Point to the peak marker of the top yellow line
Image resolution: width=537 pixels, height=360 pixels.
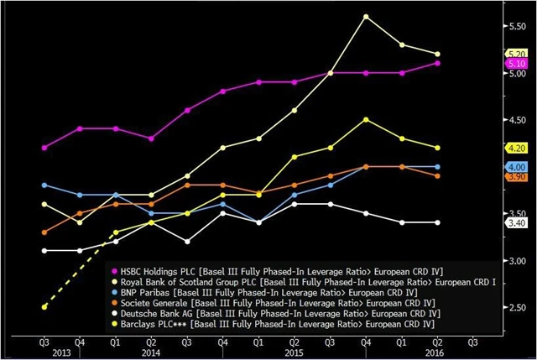pos(366,16)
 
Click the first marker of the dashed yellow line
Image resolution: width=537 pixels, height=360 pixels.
pos(44,307)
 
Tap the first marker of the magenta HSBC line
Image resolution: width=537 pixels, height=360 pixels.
pos(44,148)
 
